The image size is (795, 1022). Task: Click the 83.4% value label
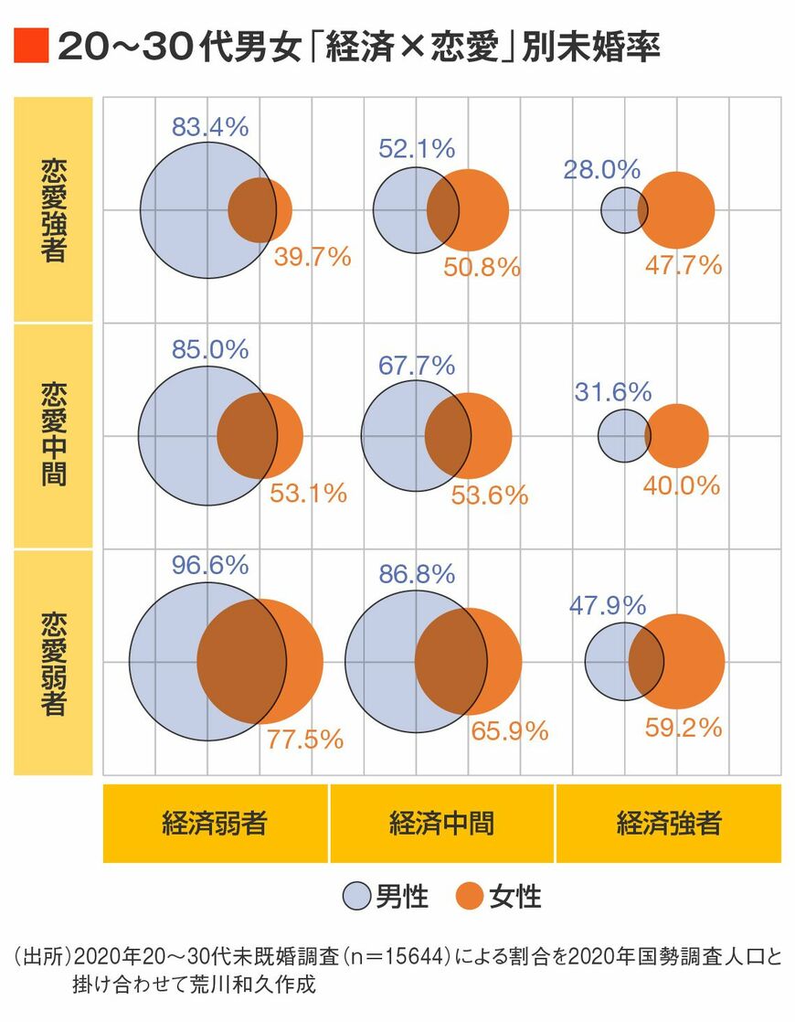point(210,126)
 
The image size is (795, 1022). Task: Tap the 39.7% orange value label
point(313,257)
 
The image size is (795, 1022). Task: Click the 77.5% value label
point(305,740)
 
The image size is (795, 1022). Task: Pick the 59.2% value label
point(684,728)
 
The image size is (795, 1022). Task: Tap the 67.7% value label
point(417,367)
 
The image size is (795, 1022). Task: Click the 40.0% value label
point(682,486)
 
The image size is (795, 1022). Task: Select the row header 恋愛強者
point(53,210)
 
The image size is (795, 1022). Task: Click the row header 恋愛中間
point(53,435)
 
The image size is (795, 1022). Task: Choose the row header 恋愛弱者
point(53,662)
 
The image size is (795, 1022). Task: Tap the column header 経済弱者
point(215,823)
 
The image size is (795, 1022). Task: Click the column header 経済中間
point(441,823)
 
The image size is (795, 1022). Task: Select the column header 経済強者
point(669,823)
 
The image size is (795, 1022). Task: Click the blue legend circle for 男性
point(356,896)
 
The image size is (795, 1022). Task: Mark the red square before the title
point(30,46)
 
